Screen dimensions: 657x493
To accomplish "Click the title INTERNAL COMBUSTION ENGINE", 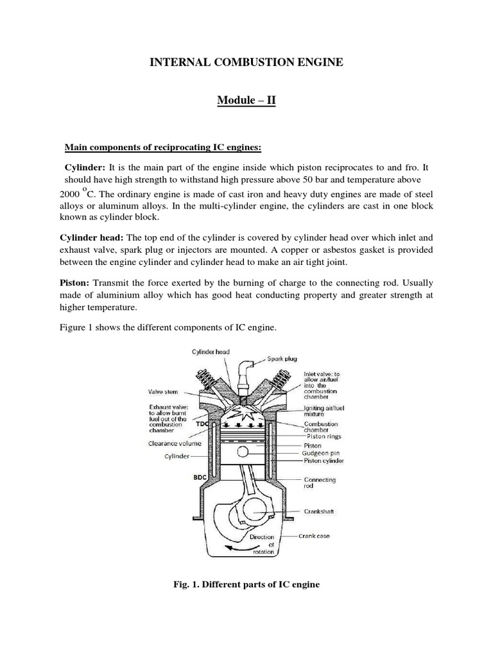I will pyautogui.click(x=246, y=62).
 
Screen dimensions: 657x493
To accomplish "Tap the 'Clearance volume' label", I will pyautogui.click(x=175, y=443).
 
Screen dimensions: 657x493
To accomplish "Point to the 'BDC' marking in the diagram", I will pyautogui.click(x=200, y=477).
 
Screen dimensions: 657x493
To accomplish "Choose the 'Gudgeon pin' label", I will pyautogui.click(x=320, y=452).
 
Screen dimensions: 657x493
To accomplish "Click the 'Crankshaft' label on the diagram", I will pyautogui.click(x=319, y=511).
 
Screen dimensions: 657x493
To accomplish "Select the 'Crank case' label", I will pyautogui.click(x=314, y=536).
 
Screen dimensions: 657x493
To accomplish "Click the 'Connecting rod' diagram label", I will pyautogui.click(x=320, y=482).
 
